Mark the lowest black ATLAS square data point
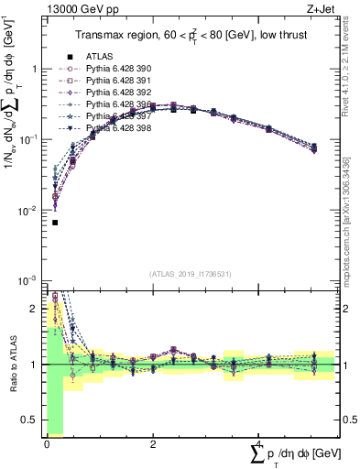point(55,223)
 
